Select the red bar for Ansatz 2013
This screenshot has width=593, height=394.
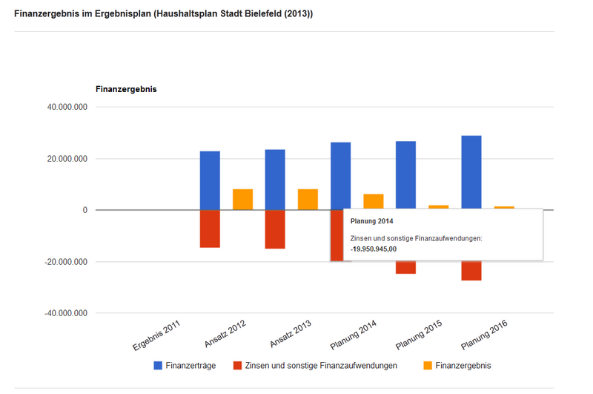275,229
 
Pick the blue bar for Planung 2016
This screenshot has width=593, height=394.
471,173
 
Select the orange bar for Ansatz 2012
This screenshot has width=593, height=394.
242,200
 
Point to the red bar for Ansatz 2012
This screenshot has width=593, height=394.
210,229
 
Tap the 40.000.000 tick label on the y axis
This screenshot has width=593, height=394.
67,108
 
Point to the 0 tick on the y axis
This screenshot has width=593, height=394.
85,211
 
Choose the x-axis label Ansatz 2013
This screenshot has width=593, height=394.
291,335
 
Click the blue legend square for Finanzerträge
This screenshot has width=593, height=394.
158,366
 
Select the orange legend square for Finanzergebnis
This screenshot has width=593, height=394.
427,366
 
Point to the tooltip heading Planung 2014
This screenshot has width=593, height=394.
371,221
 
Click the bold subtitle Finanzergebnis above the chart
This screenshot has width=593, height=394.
126,90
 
